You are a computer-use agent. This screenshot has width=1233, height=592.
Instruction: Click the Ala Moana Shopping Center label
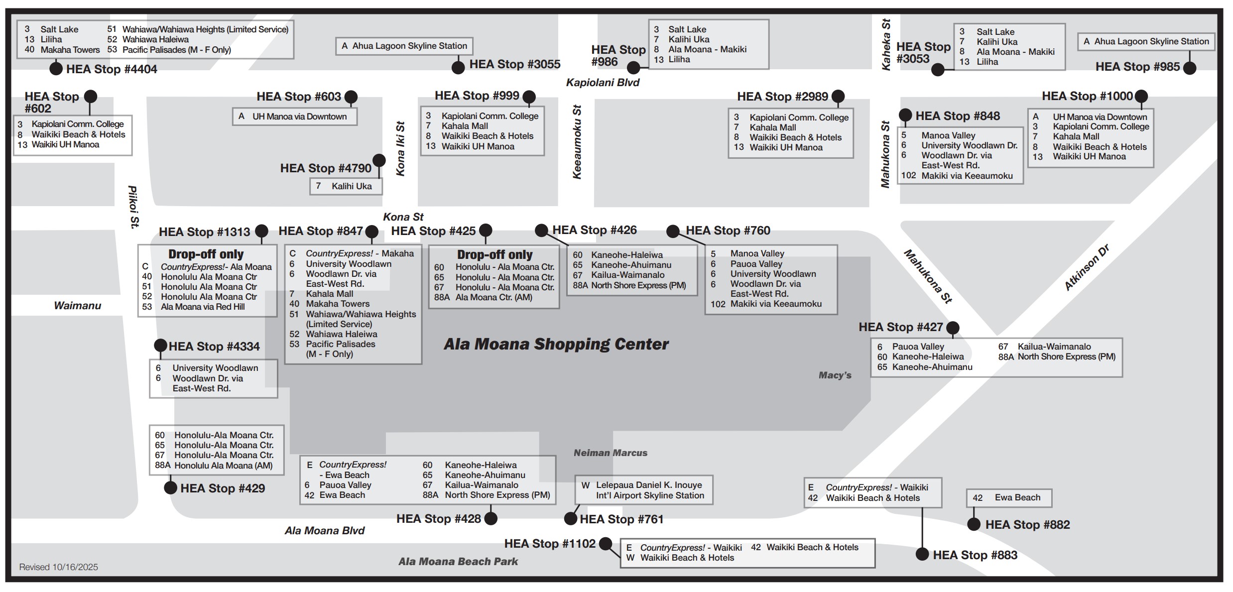tap(556, 344)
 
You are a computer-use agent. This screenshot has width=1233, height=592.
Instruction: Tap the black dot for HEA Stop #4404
tap(56, 69)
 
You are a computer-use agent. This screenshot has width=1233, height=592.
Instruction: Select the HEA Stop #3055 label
tap(514, 64)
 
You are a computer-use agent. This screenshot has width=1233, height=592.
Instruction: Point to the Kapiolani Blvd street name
tap(603, 83)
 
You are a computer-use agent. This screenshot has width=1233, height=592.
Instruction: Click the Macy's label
tap(835, 375)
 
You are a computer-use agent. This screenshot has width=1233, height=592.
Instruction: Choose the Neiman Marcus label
tap(610, 453)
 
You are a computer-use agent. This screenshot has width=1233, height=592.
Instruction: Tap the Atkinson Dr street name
tap(1087, 267)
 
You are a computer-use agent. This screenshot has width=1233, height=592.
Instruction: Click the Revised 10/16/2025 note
tap(58, 567)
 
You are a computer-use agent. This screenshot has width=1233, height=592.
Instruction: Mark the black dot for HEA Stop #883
tap(922, 554)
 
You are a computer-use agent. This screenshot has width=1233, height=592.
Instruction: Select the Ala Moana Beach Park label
tap(458, 562)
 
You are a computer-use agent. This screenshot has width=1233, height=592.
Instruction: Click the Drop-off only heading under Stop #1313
tap(206, 254)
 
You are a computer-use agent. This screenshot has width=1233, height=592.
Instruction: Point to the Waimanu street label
tap(77, 306)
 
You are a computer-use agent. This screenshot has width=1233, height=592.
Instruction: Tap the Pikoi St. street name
tap(133, 207)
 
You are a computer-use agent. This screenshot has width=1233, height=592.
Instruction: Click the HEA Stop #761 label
tap(621, 519)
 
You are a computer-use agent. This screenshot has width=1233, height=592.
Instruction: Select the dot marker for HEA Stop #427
tap(953, 328)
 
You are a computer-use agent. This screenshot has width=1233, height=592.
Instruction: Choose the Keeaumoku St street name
tap(577, 142)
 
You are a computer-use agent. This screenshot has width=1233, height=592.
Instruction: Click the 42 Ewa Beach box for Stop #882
tap(1009, 498)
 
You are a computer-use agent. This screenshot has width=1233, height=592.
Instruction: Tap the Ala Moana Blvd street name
tap(325, 531)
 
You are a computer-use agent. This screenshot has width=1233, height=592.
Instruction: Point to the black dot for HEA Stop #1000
tap(1141, 96)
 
